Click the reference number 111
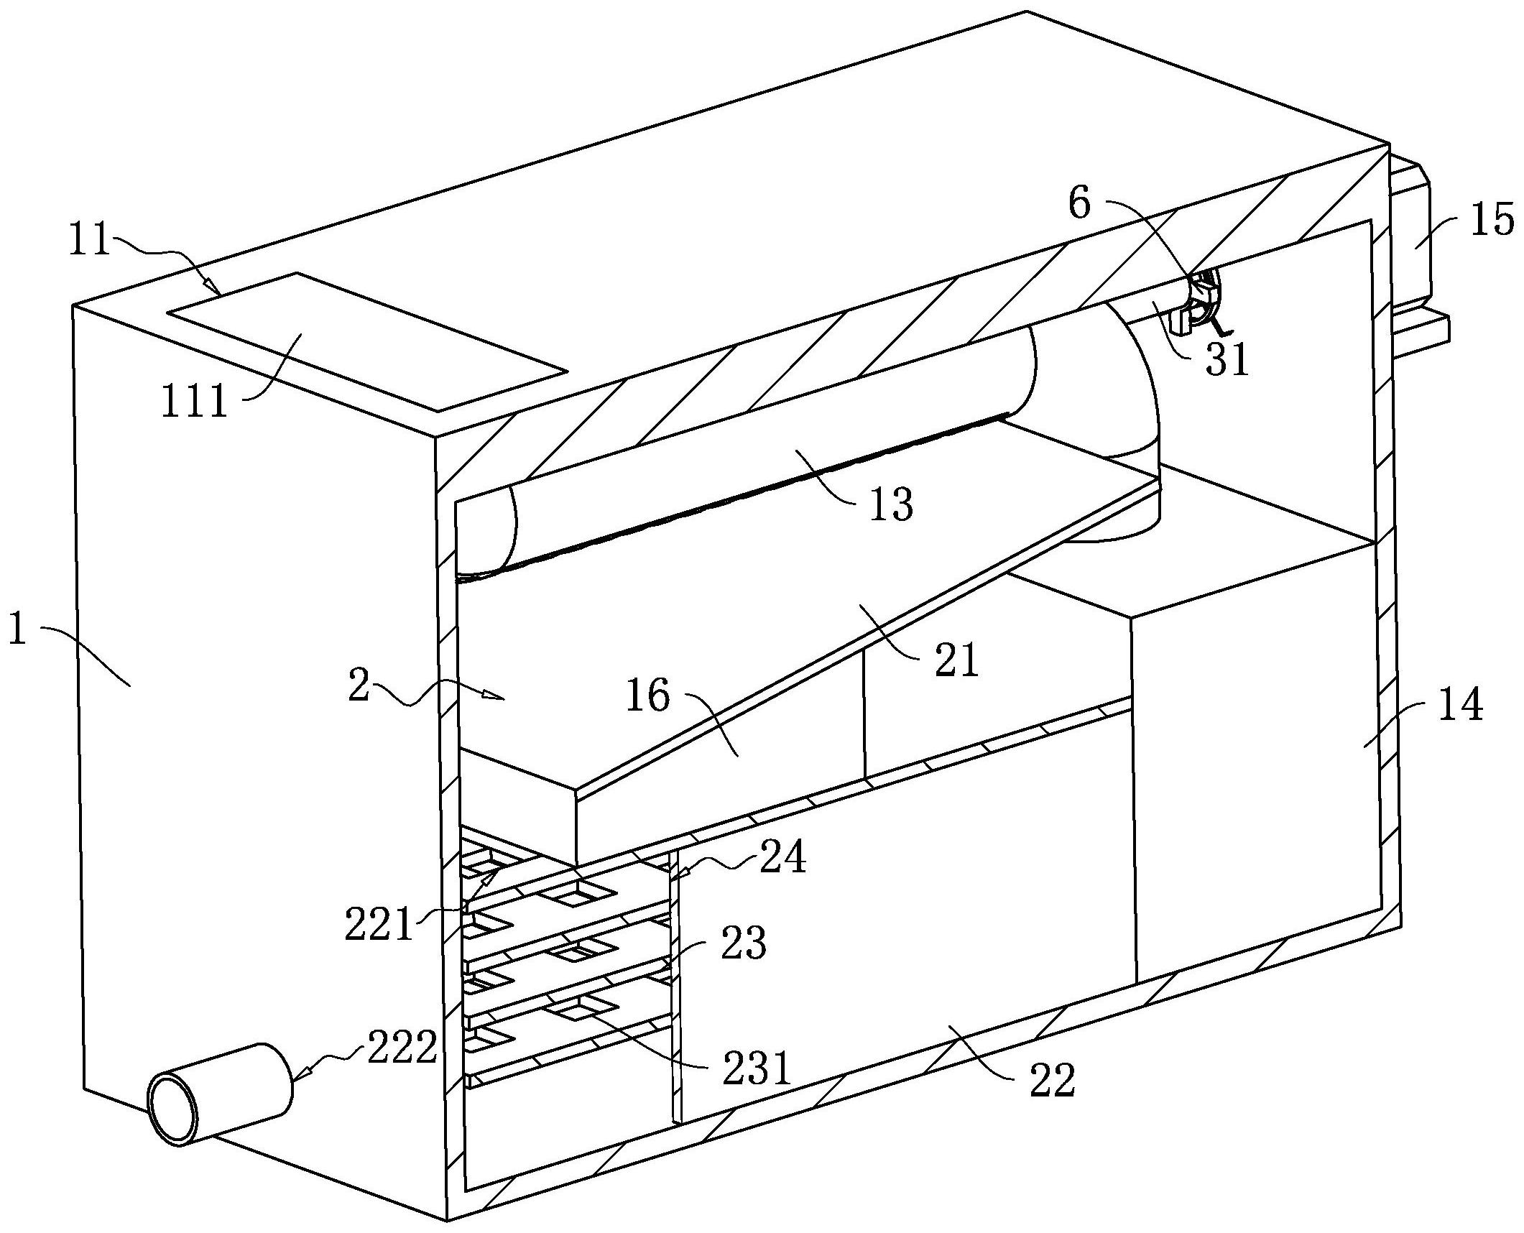tap(194, 401)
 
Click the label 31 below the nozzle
tap(1227, 359)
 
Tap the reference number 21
tap(956, 658)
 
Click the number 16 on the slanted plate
tap(648, 695)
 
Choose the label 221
tap(379, 924)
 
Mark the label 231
tap(755, 1068)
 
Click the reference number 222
tap(402, 1048)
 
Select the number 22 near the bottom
tap(1053, 1099)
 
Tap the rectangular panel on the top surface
tap(367, 341)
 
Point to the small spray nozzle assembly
tap(1199, 305)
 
